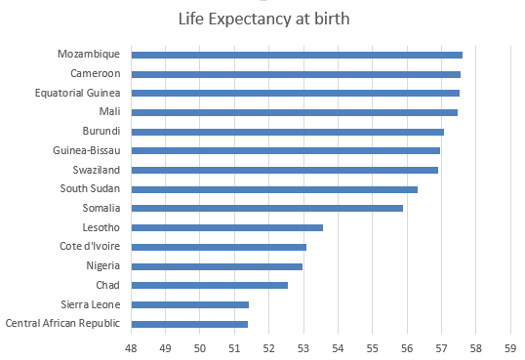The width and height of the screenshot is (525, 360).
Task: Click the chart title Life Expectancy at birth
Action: point(263,19)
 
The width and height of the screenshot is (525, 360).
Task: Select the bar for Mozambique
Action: point(297,55)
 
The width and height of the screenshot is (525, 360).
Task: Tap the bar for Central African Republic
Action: point(189,324)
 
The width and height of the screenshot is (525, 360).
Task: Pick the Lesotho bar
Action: point(227,227)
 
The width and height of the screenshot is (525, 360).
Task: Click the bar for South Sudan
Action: point(274,189)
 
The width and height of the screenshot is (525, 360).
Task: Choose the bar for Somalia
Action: point(266,209)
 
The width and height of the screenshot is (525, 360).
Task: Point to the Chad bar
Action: point(209,285)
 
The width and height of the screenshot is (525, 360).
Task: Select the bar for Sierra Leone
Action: point(190,304)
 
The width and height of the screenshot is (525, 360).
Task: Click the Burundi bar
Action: point(288,132)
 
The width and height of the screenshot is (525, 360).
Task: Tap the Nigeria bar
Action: point(217,266)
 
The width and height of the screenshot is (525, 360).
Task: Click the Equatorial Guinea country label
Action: point(78,93)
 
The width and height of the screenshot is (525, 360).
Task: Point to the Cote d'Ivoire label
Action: point(90,246)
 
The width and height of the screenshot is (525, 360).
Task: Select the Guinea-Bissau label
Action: point(87,150)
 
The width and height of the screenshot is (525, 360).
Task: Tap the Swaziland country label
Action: point(97,170)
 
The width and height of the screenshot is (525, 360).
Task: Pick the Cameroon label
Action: point(96,73)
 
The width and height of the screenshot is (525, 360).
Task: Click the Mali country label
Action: point(110,111)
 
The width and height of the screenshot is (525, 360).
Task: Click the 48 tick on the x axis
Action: point(131,348)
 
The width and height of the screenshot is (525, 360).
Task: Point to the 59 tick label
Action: point(510,348)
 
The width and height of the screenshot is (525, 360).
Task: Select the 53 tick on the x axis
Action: point(303,348)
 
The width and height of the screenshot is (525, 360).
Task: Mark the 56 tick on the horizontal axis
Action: point(407,348)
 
